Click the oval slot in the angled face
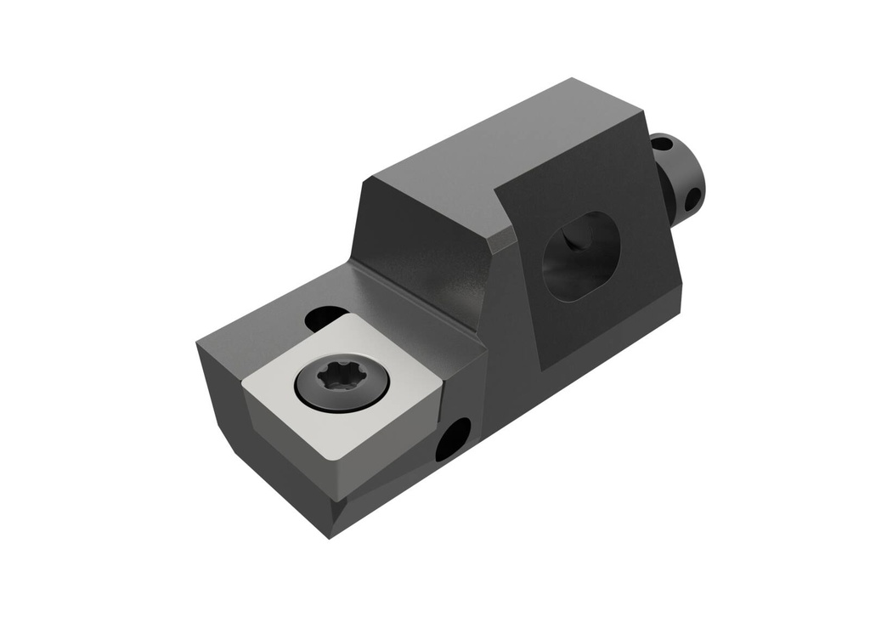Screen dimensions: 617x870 point(581,256)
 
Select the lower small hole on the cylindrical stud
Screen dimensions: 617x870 point(692,199)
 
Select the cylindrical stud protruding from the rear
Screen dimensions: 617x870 point(684,178)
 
